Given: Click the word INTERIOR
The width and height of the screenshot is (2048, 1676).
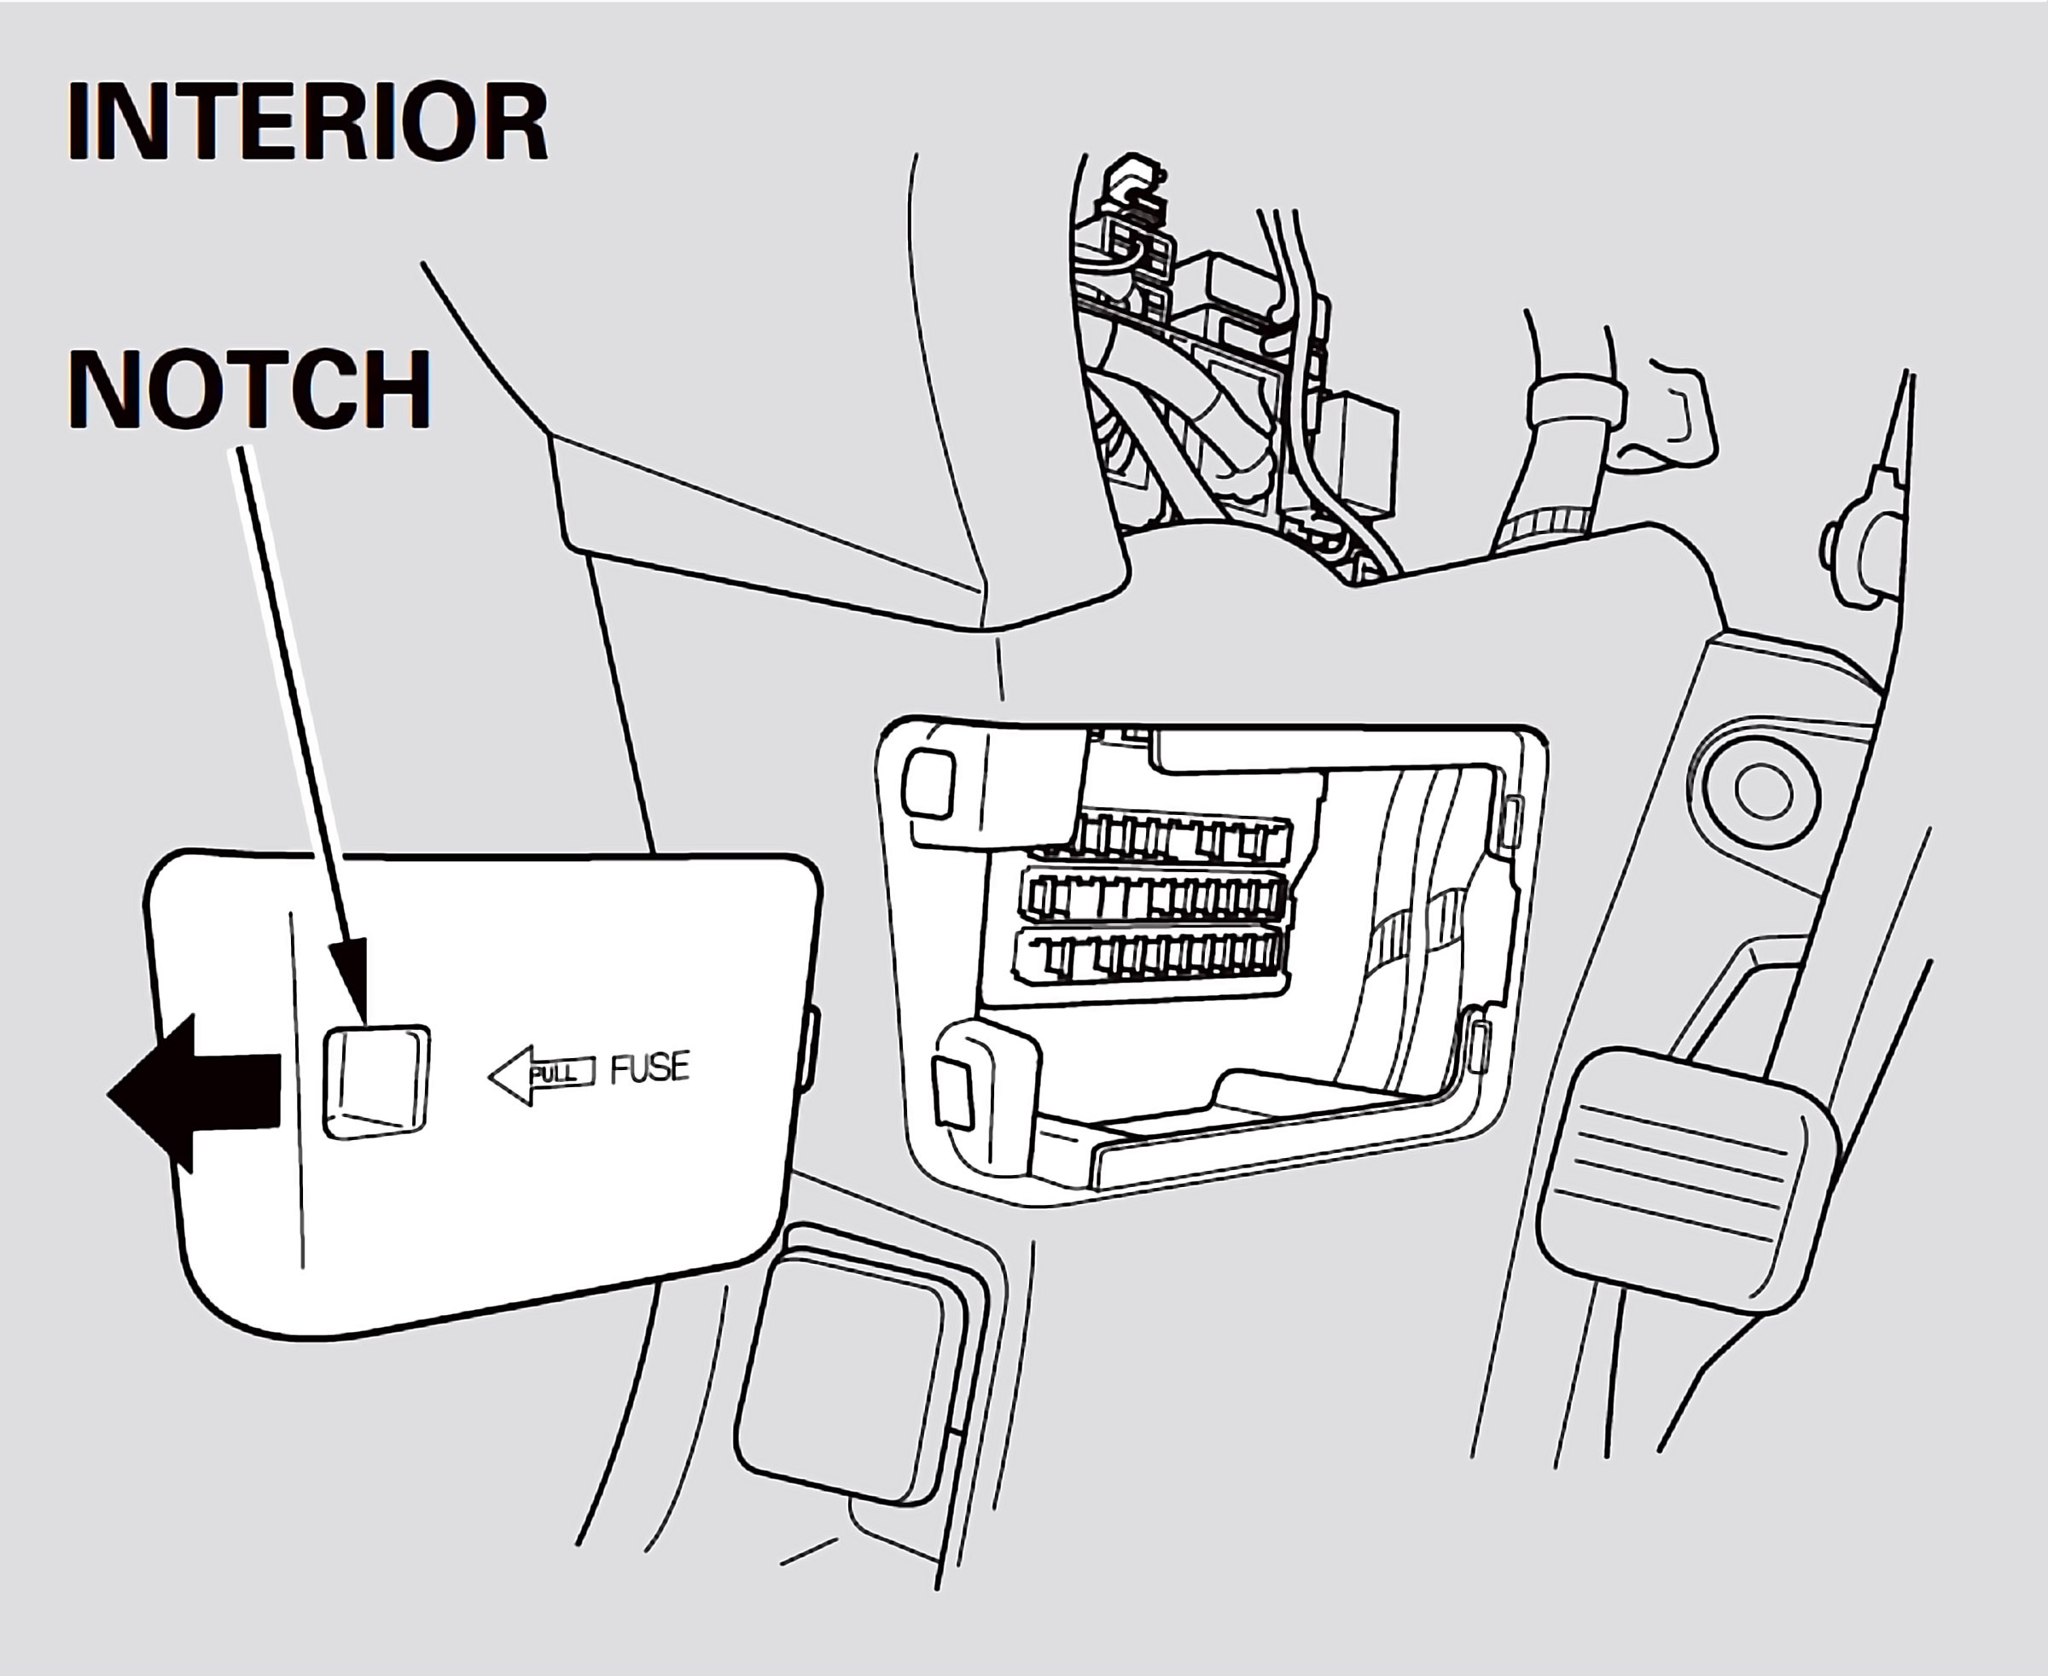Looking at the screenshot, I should point(307,123).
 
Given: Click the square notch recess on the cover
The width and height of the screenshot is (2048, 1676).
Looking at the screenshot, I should point(375,1080).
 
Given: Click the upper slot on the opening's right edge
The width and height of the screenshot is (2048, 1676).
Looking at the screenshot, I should point(1513,817).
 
